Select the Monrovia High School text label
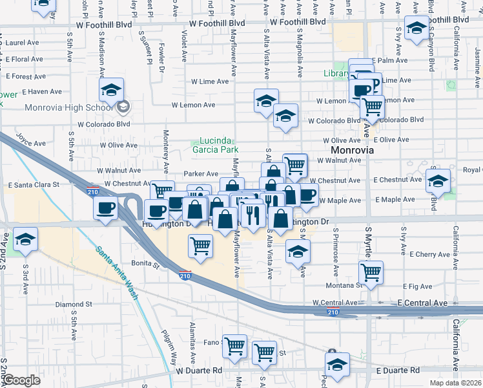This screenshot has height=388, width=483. [x=70, y=107]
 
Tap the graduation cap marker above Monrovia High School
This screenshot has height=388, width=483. [x=111, y=91]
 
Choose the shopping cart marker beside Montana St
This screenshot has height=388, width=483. [x=371, y=273]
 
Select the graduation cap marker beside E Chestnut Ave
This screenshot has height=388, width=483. [x=438, y=181]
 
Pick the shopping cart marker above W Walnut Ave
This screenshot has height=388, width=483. [x=294, y=165]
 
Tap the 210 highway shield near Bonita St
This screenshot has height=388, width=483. [x=185, y=275]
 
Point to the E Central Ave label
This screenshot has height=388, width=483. [x=422, y=303]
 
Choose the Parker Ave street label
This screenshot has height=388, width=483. [x=201, y=173]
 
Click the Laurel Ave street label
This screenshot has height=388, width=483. [x=21, y=43]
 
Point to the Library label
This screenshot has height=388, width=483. [x=335, y=74]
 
